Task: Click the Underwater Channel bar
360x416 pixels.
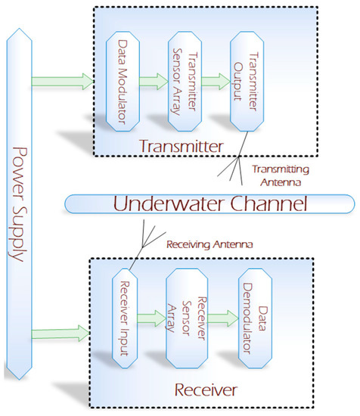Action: point(209,203)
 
